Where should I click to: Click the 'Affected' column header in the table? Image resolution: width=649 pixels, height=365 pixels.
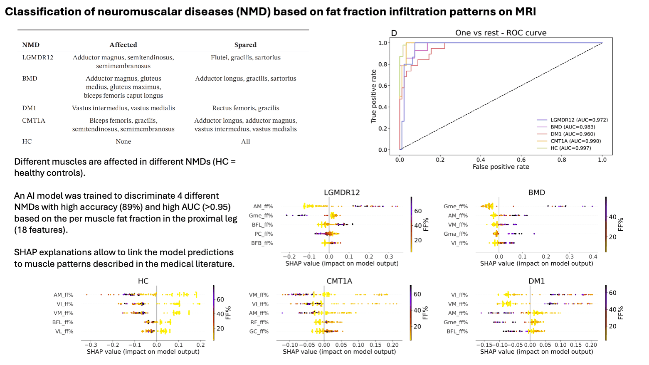[x=123, y=44]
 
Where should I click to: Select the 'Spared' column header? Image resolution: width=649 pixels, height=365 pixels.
[x=245, y=44]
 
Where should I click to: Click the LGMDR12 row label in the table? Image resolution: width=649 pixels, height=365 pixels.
[x=38, y=57]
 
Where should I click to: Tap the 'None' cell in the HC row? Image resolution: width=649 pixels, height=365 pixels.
[x=123, y=141]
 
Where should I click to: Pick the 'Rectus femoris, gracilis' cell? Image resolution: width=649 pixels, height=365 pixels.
[x=246, y=108]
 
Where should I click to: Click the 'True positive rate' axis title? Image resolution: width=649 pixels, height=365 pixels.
[x=373, y=96]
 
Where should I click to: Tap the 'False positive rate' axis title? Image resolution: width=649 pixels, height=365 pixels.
[x=501, y=167]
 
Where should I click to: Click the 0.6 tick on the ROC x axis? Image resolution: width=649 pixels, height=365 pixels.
[x=521, y=160]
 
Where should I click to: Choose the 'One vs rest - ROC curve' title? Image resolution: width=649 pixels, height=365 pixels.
[x=501, y=33]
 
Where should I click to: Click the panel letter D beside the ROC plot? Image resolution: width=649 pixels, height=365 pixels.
[x=394, y=33]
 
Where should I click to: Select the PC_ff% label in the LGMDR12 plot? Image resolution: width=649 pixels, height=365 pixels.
[x=264, y=234]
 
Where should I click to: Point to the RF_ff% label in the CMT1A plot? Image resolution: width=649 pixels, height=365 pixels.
[x=259, y=323]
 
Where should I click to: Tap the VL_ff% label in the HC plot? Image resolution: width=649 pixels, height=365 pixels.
[x=64, y=331]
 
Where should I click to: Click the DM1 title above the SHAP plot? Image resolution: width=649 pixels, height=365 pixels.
[x=537, y=281]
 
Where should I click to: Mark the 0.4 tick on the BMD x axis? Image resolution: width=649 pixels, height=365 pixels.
[x=593, y=256]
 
